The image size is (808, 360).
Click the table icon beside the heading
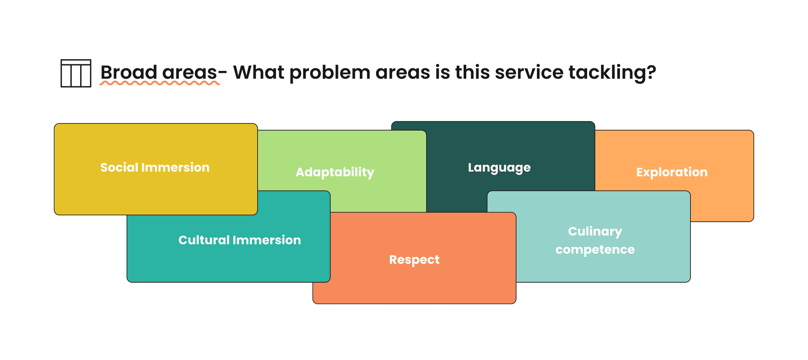pyautogui.click(x=76, y=73)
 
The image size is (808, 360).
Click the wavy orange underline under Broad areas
pyautogui.click(x=159, y=83)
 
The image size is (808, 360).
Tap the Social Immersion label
pyautogui.click(x=155, y=168)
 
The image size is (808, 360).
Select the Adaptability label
pyautogui.click(x=335, y=172)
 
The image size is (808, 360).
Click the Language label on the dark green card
pyautogui.click(x=499, y=168)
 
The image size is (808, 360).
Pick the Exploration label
pyautogui.click(x=671, y=172)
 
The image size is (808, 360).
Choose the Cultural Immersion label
pyautogui.click(x=239, y=240)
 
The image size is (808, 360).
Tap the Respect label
pyautogui.click(x=414, y=260)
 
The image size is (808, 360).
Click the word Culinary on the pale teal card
pyautogui.click(x=595, y=231)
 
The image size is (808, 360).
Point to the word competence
pyautogui.click(x=595, y=250)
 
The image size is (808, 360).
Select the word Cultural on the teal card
pyautogui.click(x=204, y=240)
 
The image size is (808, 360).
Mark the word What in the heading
pyautogui.click(x=258, y=73)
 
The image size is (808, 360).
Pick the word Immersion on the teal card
pyautogui.click(x=267, y=240)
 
